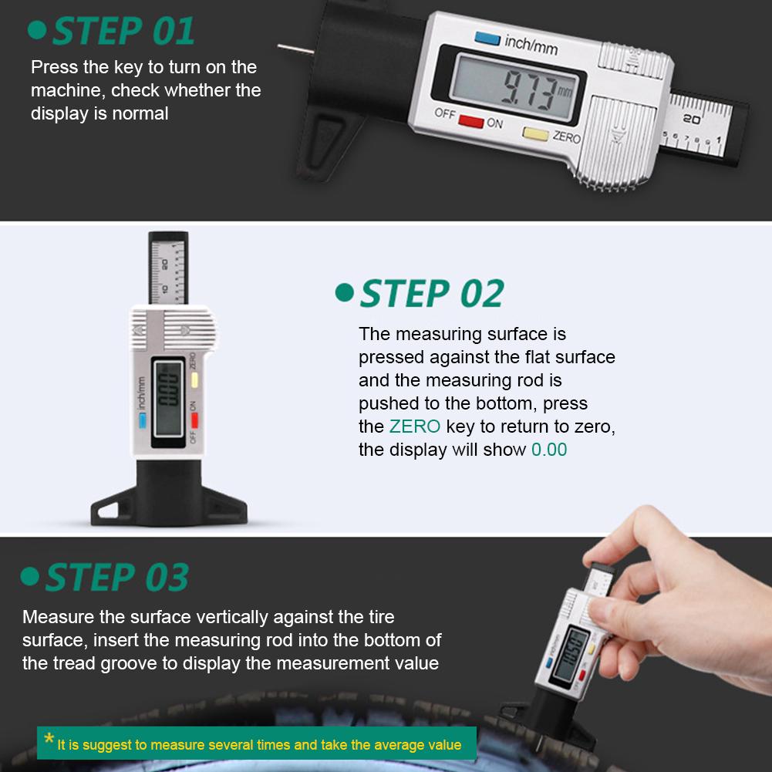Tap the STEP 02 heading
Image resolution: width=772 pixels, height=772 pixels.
431,294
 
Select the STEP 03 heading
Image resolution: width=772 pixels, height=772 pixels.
116,578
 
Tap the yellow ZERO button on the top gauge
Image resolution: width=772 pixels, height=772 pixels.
535,133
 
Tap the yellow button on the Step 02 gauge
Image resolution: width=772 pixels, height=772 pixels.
197,379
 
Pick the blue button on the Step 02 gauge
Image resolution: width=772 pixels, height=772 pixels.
142,420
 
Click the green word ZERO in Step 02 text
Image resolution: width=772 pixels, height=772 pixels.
415,426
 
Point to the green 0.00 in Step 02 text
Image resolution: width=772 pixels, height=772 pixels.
549,450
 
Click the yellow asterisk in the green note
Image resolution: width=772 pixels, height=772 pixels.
49,741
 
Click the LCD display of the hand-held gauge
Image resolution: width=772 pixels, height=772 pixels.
572,654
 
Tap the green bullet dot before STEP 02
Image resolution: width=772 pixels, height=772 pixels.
344,293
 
